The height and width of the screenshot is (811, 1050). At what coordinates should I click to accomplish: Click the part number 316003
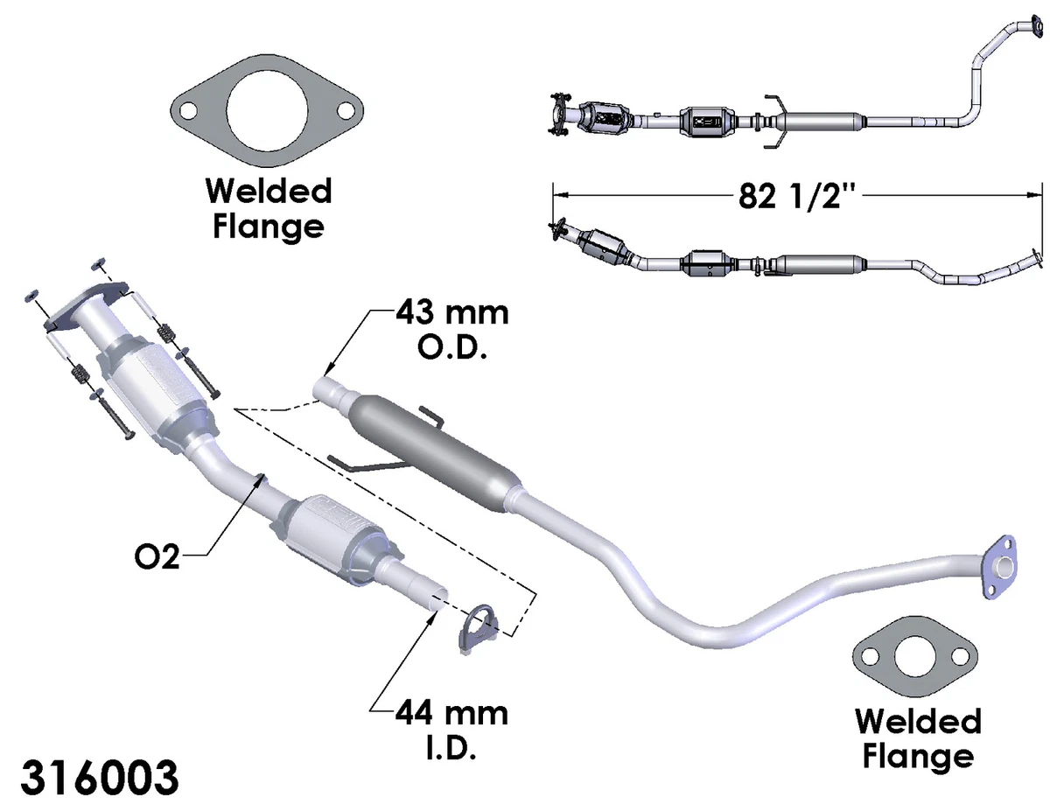[x=100, y=777]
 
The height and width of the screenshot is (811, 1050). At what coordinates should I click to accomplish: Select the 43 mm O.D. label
[x=452, y=330]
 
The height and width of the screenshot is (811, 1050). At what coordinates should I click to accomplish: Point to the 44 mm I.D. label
[x=451, y=731]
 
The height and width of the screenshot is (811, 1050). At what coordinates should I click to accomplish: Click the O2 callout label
[x=157, y=557]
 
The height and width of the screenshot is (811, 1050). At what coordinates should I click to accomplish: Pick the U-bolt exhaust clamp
[x=476, y=629]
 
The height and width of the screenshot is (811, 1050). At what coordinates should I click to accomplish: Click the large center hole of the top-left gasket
[x=267, y=112]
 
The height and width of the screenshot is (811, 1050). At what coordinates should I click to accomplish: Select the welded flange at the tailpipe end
[x=1000, y=566]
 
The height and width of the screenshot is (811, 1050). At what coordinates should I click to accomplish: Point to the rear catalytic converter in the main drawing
[x=339, y=540]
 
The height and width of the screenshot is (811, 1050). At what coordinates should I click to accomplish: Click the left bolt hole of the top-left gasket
[x=187, y=111]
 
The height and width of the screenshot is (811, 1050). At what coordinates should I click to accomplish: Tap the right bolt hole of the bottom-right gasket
[x=959, y=657]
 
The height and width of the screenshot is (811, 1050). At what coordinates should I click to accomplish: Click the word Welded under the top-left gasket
[x=269, y=191]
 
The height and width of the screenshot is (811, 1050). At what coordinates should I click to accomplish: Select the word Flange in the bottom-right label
[x=918, y=758]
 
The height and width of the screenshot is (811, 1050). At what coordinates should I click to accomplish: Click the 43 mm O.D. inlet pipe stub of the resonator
[x=332, y=391]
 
